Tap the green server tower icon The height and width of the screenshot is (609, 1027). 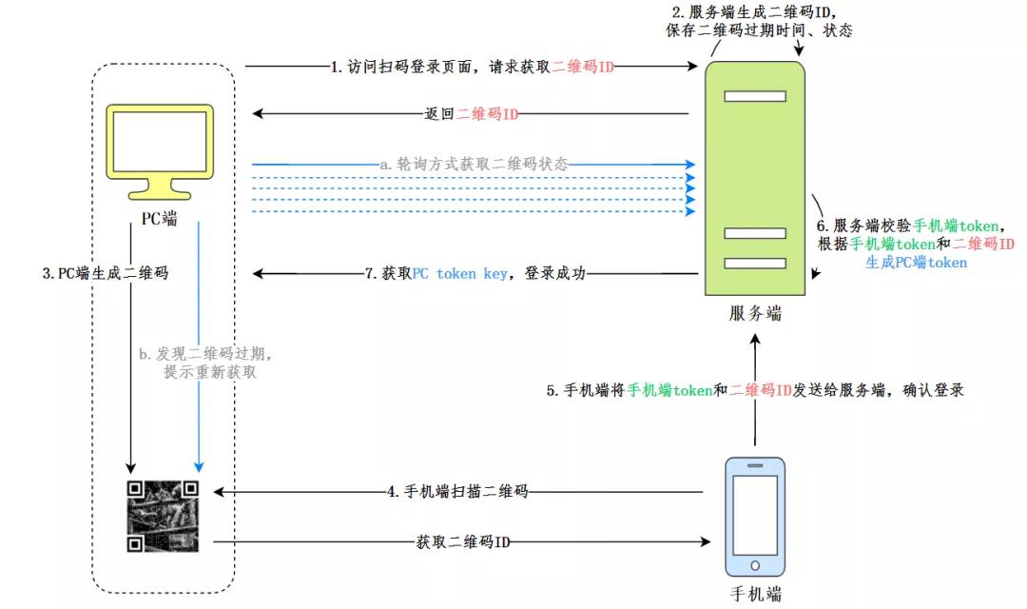755,181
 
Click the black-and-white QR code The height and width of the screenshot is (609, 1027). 164,515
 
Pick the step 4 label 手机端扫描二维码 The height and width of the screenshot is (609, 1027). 456,492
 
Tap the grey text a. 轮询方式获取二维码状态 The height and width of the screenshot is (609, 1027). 473,164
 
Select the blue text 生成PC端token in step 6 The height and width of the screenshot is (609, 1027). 916,262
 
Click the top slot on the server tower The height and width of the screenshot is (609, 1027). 754,96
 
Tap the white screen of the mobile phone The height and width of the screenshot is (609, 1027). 755,513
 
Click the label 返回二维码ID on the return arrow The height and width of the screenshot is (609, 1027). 471,114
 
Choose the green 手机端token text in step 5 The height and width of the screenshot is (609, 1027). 670,390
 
